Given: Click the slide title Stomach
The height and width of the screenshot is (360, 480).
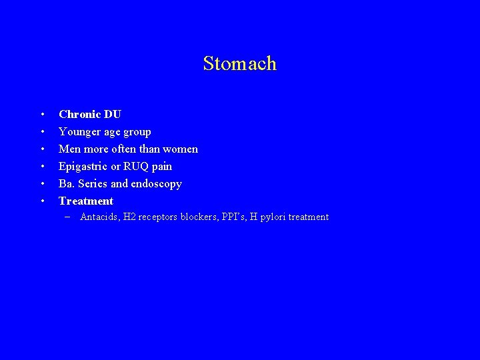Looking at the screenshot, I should pyautogui.click(x=239, y=64).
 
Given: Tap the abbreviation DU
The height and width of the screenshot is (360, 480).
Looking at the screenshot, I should pyautogui.click(x=112, y=115).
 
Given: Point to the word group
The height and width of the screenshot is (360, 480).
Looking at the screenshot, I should pyautogui.click(x=137, y=132).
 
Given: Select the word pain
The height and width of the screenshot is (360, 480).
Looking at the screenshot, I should pyautogui.click(x=161, y=167).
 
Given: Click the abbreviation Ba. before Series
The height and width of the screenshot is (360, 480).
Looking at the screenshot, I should pyautogui.click(x=67, y=184).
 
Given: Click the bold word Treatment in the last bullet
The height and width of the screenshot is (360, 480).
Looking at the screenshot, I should pyautogui.click(x=86, y=201).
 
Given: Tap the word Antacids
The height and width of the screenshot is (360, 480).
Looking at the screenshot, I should pyautogui.click(x=99, y=217).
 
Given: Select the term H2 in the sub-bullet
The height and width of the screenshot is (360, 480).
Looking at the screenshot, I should pyautogui.click(x=129, y=217).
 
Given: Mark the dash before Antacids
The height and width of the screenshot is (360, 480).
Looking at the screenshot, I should pyautogui.click(x=68, y=217).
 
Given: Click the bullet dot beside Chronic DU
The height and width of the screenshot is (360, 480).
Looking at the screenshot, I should pyautogui.click(x=42, y=115).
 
